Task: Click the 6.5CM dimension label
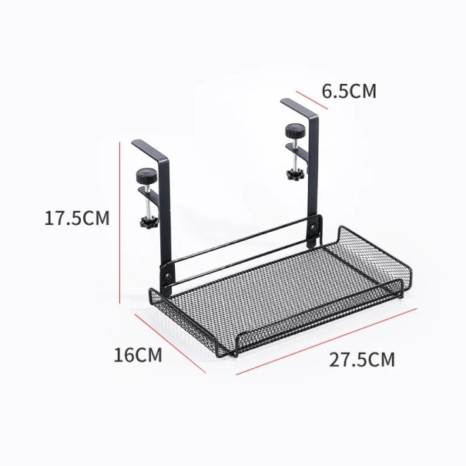coord(348,92)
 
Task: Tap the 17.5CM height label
coord(76,218)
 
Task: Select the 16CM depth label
coord(138,356)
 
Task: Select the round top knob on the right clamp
coord(293,129)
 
